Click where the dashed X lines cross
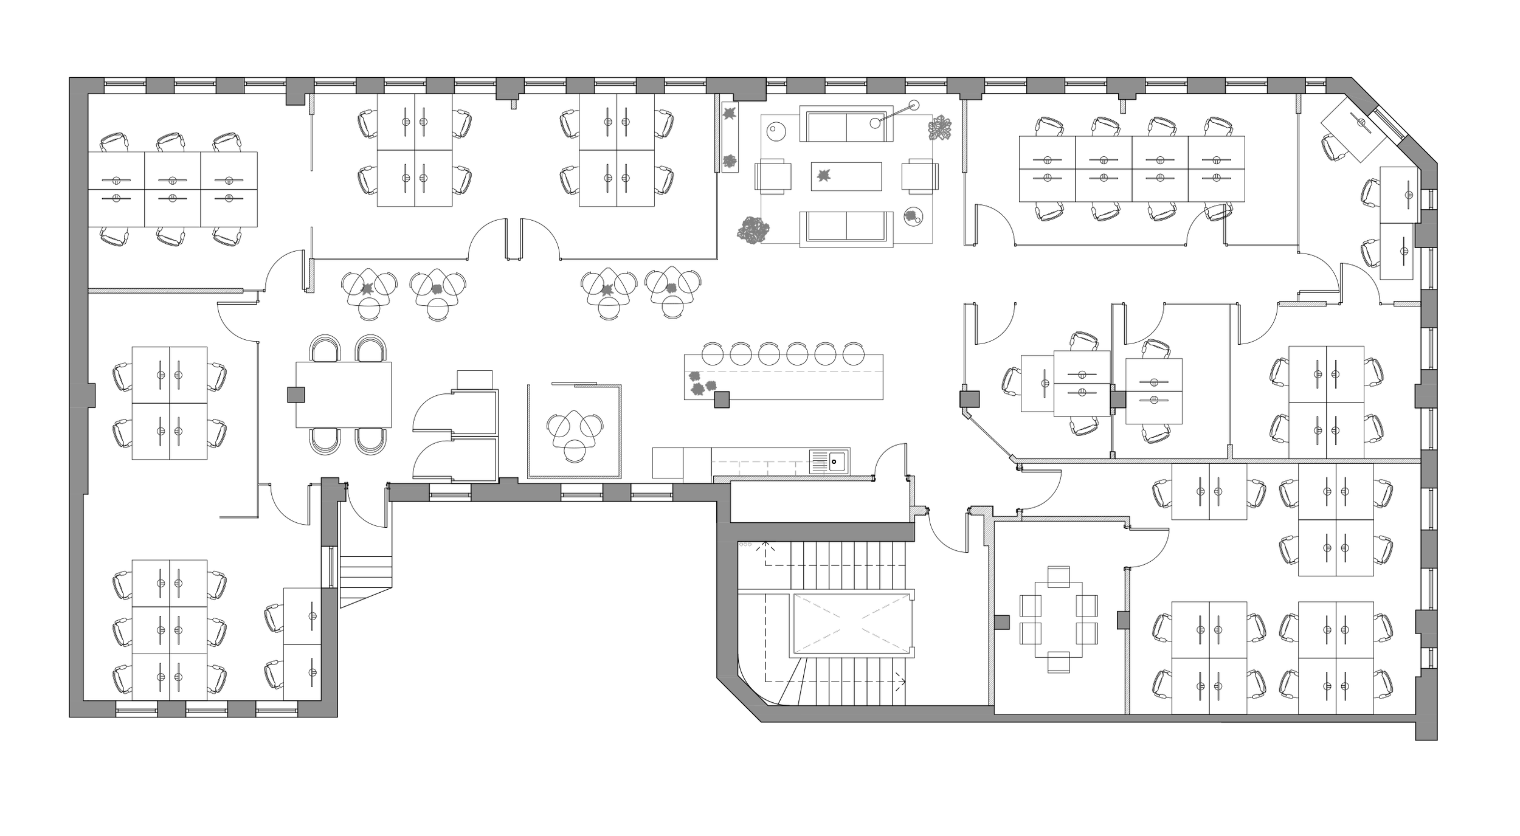[x=851, y=624]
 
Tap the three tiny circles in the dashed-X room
[x=745, y=544]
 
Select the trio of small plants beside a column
[x=702, y=384]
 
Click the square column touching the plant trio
[x=722, y=399]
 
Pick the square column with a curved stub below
[x=969, y=399]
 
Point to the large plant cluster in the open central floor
[x=753, y=230]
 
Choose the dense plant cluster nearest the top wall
[x=940, y=128]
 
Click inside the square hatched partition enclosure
[x=574, y=432]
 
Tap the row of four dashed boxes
[x=768, y=469]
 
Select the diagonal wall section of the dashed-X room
[x=742, y=699]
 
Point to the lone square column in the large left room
[x=296, y=395]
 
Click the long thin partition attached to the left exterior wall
[x=165, y=291]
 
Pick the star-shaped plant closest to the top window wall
[x=729, y=113]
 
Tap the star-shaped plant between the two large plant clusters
[x=823, y=176]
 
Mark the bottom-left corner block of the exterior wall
[x=91, y=709]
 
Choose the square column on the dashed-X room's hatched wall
[x=1001, y=623]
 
